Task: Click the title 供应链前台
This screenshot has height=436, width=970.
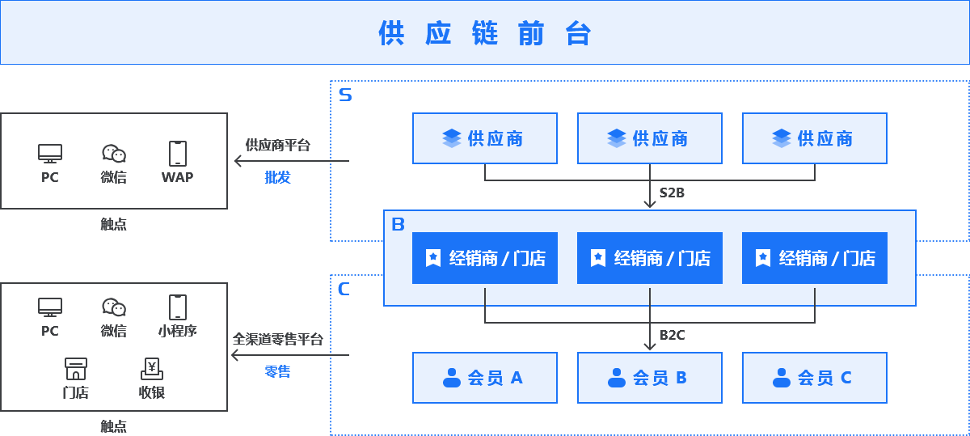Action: coord(485,33)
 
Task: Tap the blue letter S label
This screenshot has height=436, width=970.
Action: coord(345,95)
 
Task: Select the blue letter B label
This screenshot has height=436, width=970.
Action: coord(398,224)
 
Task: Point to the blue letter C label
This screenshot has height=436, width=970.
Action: coord(344,289)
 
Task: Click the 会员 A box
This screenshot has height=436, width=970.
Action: coord(485,378)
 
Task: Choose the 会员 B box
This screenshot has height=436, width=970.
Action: coord(650,378)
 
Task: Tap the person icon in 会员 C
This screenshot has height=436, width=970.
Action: coord(781,378)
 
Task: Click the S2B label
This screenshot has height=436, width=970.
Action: coord(672,193)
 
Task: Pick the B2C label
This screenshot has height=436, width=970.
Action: coord(672,335)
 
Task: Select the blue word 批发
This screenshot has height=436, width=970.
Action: coord(277,177)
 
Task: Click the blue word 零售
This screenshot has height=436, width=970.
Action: coord(277,371)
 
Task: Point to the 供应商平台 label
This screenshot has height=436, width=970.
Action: coord(277,145)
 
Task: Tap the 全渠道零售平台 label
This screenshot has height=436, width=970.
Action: coord(277,339)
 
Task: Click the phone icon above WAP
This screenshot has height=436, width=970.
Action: coord(177,153)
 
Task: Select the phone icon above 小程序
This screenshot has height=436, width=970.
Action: coord(177,307)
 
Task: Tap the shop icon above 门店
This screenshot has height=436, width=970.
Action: coord(75,370)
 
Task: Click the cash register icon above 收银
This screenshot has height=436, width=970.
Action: coord(151,370)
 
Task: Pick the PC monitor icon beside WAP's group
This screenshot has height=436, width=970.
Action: coord(50,153)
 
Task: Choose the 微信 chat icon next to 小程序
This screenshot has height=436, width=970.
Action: coord(114,307)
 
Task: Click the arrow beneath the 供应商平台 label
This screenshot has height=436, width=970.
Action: coord(239,161)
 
